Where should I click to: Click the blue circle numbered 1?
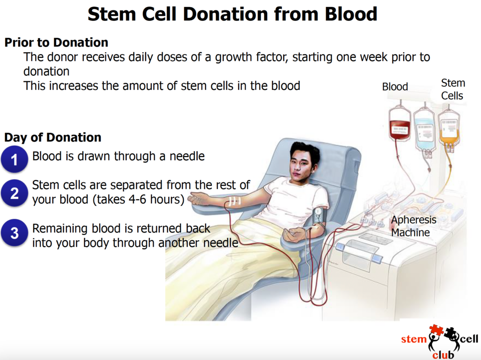[14, 159]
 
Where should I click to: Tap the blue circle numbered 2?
[14, 193]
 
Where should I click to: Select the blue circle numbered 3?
[14, 233]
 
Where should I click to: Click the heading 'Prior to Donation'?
[56, 42]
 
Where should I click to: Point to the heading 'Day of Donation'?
[53, 138]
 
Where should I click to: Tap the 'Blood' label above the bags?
[395, 87]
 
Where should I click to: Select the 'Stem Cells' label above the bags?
[452, 89]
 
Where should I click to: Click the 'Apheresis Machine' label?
[414, 226]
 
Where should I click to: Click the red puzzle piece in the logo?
[435, 331]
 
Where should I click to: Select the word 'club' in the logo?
[443, 353]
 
